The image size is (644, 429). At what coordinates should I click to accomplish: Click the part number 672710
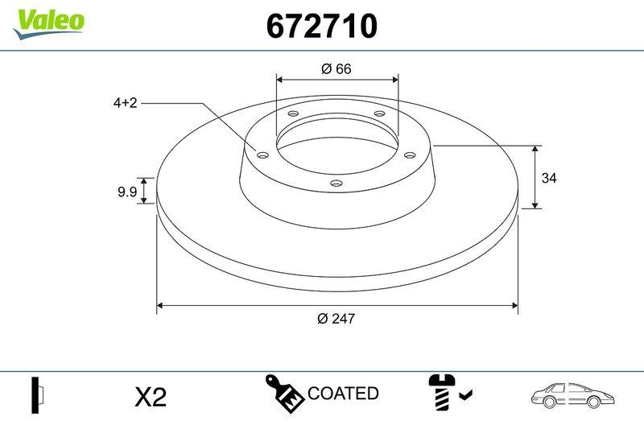pyautogui.click(x=321, y=27)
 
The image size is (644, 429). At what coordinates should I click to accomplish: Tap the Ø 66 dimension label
pyautogui.click(x=336, y=69)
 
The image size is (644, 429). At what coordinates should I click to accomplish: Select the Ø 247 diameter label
pyautogui.click(x=336, y=318)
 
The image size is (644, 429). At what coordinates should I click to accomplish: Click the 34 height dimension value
pyautogui.click(x=549, y=178)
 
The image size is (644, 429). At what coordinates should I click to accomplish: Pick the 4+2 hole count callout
pyautogui.click(x=126, y=103)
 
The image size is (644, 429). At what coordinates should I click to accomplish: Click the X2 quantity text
pyautogui.click(x=150, y=397)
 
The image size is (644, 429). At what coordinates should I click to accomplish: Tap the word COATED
pyautogui.click(x=343, y=394)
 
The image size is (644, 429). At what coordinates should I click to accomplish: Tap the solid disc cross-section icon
pyautogui.click(x=37, y=394)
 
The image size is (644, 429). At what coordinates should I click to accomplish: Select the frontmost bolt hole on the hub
pyautogui.click(x=337, y=185)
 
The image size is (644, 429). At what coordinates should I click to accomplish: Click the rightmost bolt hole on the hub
pyautogui.click(x=408, y=155)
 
